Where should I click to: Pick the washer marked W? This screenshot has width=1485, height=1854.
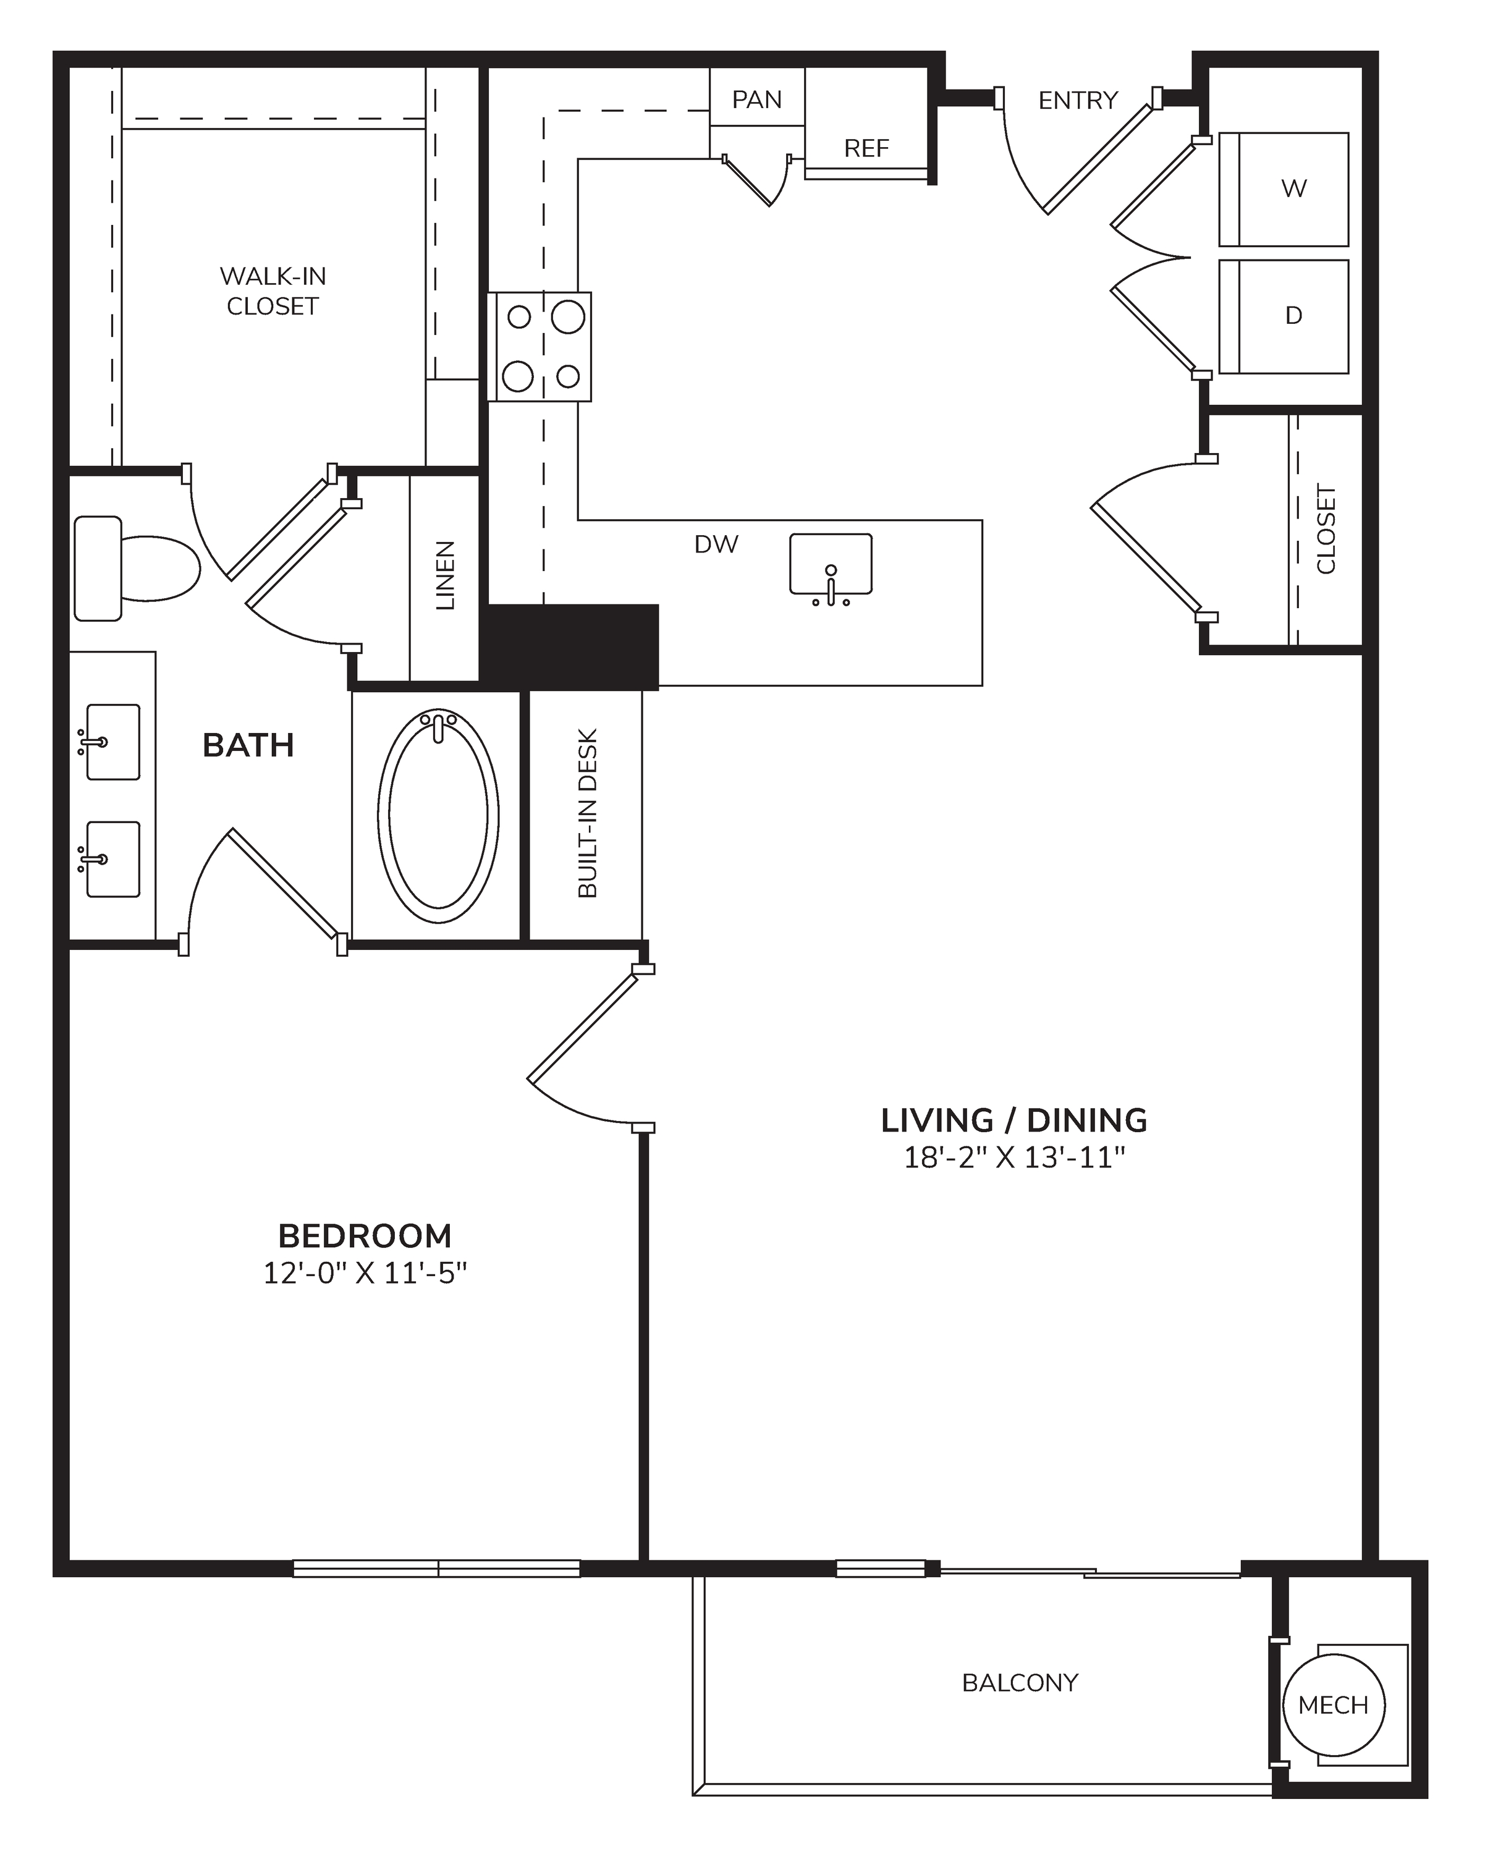tap(1284, 189)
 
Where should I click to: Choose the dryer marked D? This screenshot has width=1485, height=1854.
tap(1284, 316)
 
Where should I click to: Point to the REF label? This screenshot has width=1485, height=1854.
tap(866, 149)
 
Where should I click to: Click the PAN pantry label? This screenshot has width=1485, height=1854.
tap(756, 99)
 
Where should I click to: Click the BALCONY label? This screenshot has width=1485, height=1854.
tap(1020, 1683)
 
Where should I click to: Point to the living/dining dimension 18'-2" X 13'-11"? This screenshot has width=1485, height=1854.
tap(1015, 1158)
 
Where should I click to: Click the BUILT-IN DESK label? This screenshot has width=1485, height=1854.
tap(587, 813)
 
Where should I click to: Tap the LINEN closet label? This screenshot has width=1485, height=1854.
tap(444, 575)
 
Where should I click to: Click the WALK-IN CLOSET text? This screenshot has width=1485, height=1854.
tap(273, 290)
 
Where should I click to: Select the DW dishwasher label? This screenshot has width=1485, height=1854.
tap(716, 544)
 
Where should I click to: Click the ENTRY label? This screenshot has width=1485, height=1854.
tap(1078, 101)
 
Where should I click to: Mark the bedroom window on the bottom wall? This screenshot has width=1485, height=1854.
tap(437, 1568)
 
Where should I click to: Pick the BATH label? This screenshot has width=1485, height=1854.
tap(248, 745)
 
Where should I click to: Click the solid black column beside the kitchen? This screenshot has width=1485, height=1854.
tap(569, 646)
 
